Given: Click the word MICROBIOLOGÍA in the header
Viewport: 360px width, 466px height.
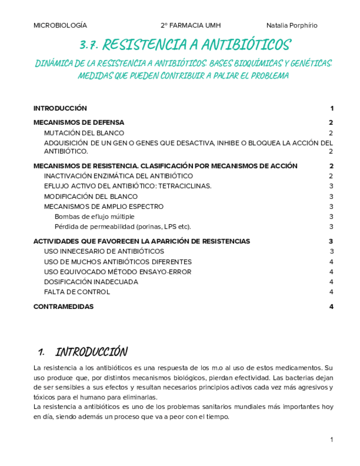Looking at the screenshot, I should coord(60,25).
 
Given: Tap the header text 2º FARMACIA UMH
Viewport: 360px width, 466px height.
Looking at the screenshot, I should coord(191,25).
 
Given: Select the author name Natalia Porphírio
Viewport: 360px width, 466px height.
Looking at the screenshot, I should coord(291,25).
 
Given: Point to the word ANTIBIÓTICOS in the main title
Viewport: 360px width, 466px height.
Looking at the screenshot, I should coord(245,45).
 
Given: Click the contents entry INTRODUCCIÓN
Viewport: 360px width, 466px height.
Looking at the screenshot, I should coord(60,108).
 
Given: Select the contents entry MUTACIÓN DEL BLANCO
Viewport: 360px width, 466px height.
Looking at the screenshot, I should coord(84,133).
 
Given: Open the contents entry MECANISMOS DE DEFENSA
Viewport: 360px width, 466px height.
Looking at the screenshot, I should coord(79,123).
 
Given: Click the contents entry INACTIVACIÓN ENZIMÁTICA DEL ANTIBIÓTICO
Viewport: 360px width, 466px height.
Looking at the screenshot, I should coord(118,176).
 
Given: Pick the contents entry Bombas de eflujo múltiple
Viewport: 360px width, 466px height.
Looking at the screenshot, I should coord(95,217).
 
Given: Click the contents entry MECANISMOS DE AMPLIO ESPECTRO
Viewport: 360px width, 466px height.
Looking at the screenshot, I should coord(103,207).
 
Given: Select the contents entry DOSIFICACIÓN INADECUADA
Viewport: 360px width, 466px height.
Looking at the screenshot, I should coord(91,282).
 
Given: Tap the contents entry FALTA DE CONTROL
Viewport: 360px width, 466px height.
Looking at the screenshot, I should coord(77,292).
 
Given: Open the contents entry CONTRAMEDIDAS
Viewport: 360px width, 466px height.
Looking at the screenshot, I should coord(64,307).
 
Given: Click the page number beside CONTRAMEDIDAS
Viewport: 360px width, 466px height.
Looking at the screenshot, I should coord(331,307).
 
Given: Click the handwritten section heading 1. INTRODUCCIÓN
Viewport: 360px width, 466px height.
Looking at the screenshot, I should coord(82,352).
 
